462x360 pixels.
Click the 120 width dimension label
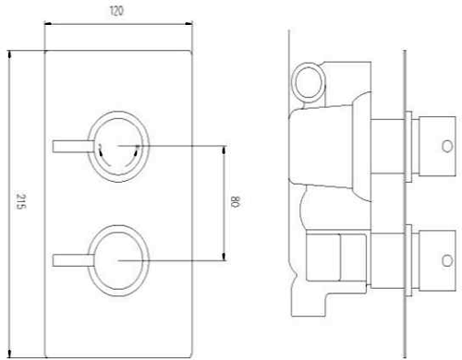tap(116, 11)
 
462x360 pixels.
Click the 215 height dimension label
tap(21, 201)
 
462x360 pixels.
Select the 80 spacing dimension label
tap(236, 201)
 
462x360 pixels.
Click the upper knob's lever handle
tap(74, 146)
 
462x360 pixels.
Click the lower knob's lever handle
tap(73, 260)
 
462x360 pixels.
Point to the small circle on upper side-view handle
tap(447, 147)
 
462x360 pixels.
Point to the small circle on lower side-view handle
tap(447, 261)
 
